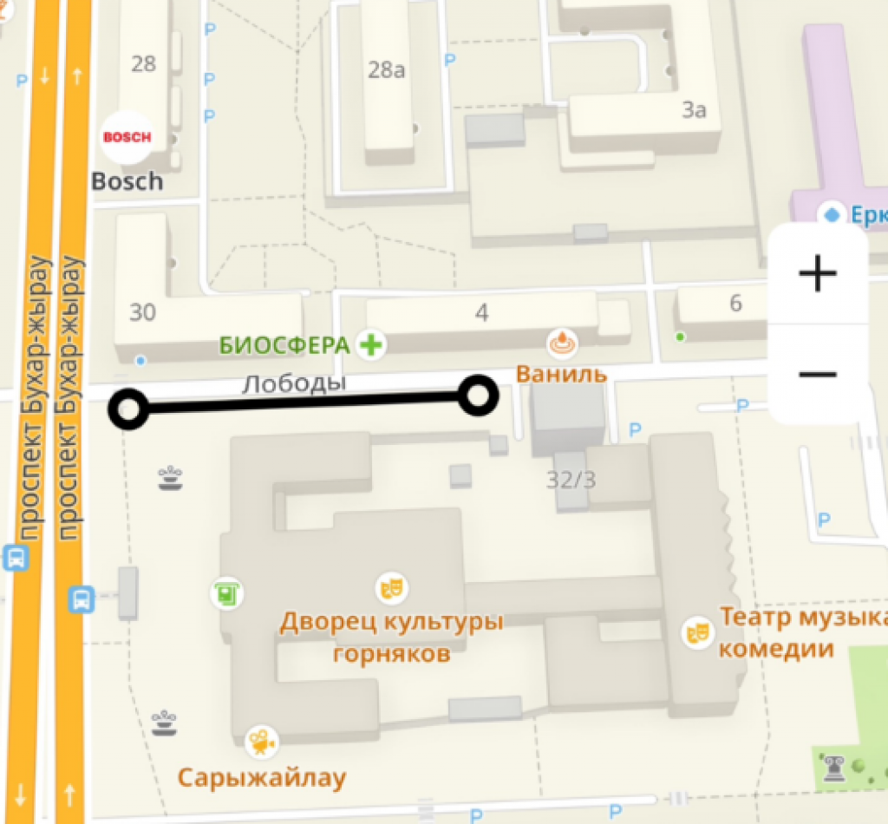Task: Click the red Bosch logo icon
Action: point(127,137)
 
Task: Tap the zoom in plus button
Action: point(817,274)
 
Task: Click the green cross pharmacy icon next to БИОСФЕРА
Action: point(372,345)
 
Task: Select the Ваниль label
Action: point(561,375)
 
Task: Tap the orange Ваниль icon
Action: point(561,343)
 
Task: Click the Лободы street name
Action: point(293,383)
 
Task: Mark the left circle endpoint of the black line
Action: point(128,409)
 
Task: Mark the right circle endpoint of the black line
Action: point(478,396)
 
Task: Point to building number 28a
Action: point(387,70)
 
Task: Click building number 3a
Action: point(694,110)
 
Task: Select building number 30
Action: point(142,311)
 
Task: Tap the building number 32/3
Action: point(571,479)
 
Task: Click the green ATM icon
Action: point(226,594)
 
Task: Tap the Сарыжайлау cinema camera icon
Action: point(260,742)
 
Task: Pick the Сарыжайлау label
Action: point(262,777)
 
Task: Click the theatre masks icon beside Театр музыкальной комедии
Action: point(696,631)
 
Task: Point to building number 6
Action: point(736,304)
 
